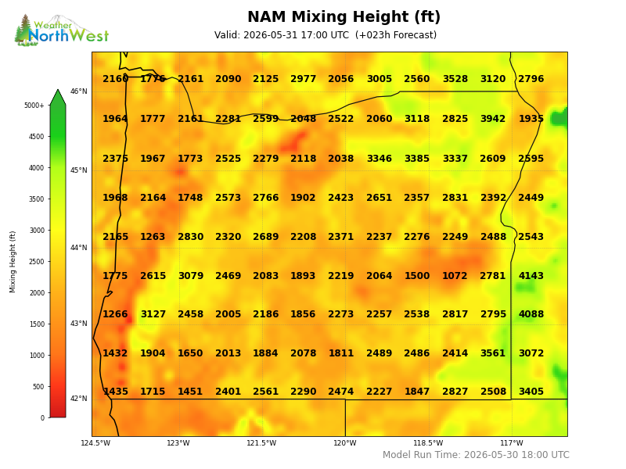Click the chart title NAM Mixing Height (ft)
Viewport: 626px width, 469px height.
coord(344,17)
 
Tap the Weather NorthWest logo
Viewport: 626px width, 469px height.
coord(62,30)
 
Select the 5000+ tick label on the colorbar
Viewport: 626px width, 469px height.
coord(34,106)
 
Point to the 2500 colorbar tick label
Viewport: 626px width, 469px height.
coord(37,262)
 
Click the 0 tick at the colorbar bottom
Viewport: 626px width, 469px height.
coord(43,418)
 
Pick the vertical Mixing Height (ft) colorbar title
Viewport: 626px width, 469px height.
coord(13,262)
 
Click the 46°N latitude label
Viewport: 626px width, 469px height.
coord(79,91)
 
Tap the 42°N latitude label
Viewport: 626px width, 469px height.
coord(79,399)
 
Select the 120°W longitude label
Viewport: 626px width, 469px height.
coord(345,443)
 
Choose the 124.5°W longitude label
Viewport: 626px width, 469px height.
coord(95,443)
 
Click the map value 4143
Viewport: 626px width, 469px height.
coord(531,276)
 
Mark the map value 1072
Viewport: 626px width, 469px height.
coord(455,276)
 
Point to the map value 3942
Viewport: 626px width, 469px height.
coord(493,119)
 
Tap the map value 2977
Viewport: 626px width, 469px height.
coord(304,79)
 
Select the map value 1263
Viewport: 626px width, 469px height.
coord(153,237)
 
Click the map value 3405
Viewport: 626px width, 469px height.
coord(531,392)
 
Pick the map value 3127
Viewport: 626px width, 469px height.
coord(153,314)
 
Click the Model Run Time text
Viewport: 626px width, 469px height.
coord(476,455)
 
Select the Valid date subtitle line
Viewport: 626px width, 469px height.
coord(326,35)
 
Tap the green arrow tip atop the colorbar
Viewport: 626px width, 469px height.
coord(58,90)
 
